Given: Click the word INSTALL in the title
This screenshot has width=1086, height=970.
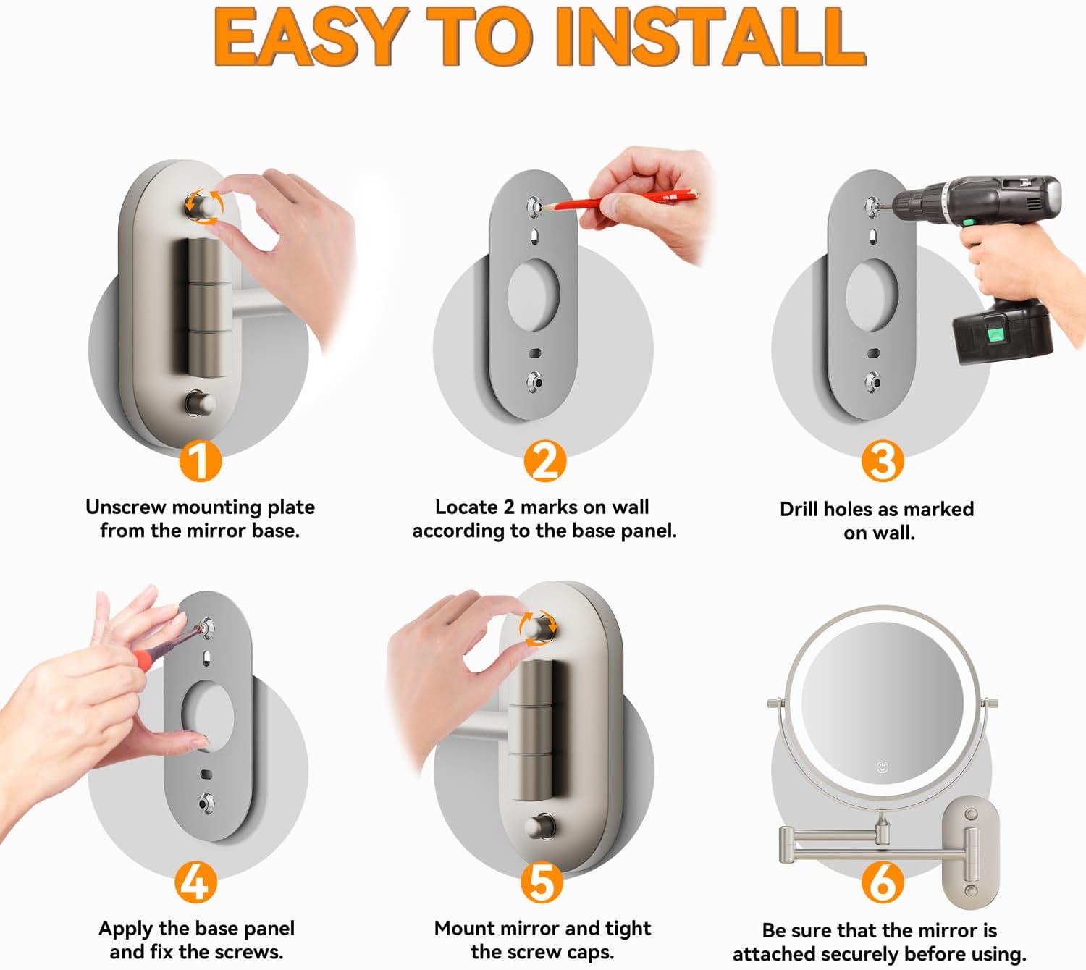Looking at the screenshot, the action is [x=710, y=36].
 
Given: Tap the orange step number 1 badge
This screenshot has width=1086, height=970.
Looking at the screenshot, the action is [x=200, y=461].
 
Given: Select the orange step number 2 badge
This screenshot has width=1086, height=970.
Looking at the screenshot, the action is [x=544, y=461].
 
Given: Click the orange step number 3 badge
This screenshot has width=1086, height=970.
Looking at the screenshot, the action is [x=883, y=461].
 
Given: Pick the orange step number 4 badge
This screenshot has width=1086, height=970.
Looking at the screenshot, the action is [x=195, y=882].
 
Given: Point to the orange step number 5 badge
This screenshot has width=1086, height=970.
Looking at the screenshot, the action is [x=542, y=882].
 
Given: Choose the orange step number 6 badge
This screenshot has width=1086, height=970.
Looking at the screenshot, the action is [x=883, y=882].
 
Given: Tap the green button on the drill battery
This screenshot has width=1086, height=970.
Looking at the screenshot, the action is [x=996, y=335].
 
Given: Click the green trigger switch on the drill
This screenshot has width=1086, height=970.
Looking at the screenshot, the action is [x=969, y=222].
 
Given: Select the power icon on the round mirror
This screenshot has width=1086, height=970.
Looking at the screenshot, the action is [x=883, y=767].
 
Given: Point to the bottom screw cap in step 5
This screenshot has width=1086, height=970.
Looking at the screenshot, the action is [x=540, y=826].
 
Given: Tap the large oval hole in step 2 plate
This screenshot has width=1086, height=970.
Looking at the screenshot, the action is [x=534, y=295].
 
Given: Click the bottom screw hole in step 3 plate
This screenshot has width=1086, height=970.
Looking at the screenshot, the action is [x=872, y=382].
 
